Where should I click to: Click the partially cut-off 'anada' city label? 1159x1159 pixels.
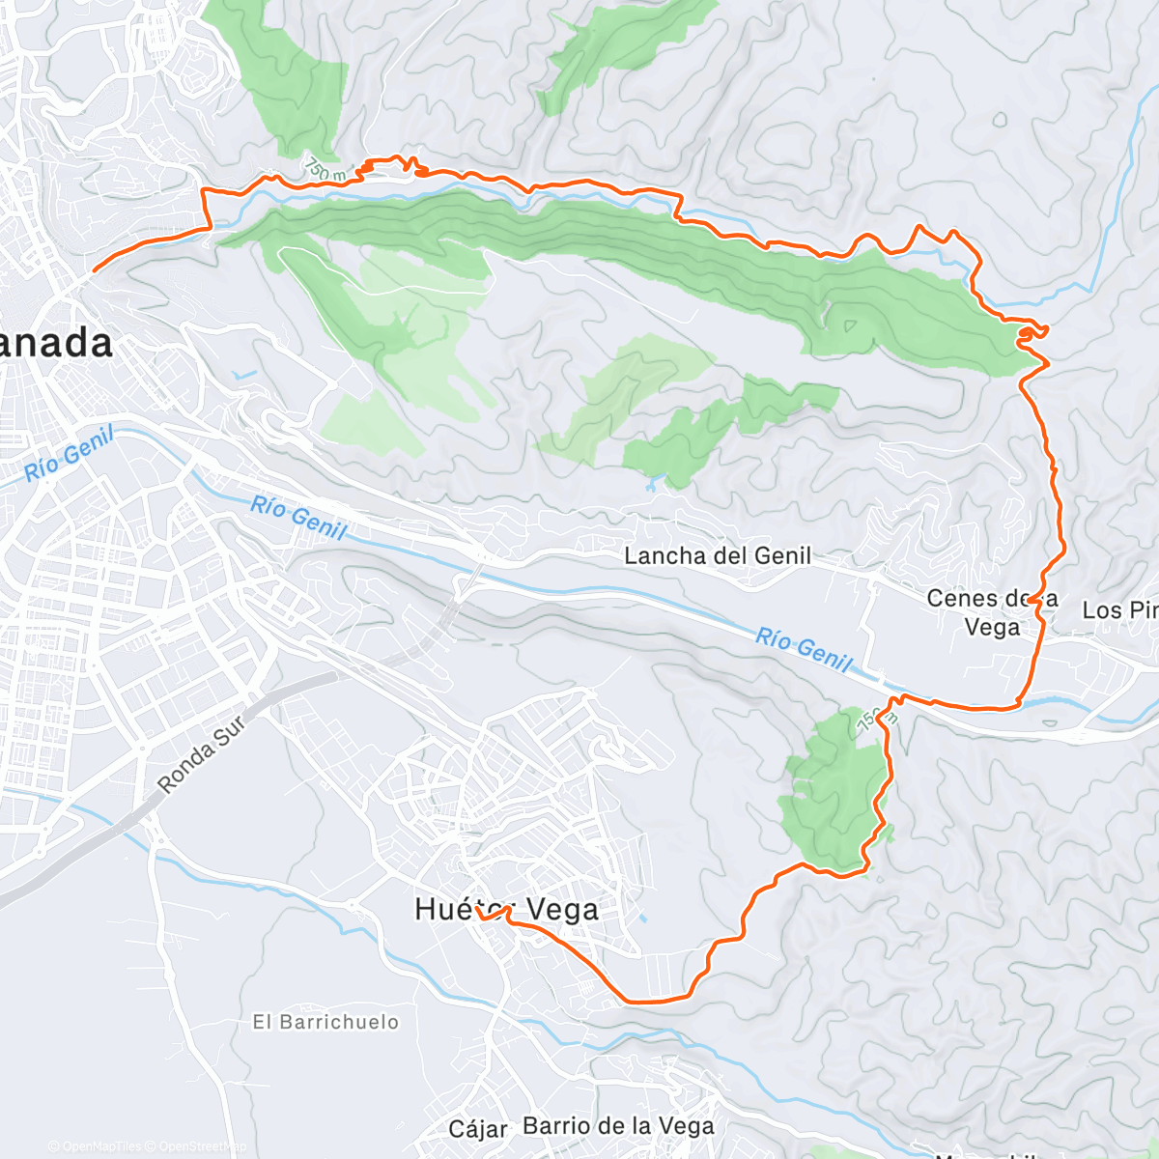[x=56, y=343]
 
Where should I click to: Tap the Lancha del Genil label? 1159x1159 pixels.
[x=718, y=555]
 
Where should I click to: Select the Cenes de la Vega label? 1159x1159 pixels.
[x=992, y=612]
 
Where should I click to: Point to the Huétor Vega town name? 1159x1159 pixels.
[x=507, y=909]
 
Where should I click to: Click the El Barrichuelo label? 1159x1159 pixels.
[x=325, y=1022]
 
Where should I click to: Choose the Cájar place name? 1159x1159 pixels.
[x=478, y=1128]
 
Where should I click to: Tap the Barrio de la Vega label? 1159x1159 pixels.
[x=618, y=1126]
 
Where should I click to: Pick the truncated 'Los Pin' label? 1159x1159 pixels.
[x=1119, y=610]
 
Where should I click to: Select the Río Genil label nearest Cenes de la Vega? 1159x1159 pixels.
[x=804, y=649]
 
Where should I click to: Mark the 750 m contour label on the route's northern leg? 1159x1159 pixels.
[x=325, y=170]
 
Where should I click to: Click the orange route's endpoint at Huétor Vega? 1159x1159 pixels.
[x=477, y=909]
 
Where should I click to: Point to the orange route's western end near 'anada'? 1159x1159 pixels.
[x=94, y=271]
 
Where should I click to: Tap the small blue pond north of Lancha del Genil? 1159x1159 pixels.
[x=652, y=485]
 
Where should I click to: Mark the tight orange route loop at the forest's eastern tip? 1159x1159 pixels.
[x=1031, y=333]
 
